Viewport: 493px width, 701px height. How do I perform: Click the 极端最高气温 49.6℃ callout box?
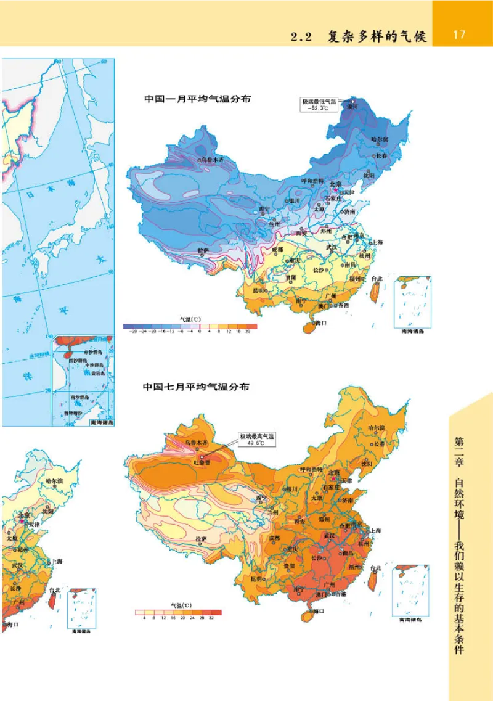[258, 439]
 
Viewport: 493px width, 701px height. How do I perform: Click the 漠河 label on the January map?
[354, 106]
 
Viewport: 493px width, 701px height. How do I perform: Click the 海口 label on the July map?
[318, 611]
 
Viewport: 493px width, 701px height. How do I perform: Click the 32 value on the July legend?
[211, 617]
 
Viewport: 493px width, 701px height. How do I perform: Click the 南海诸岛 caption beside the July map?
[412, 618]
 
